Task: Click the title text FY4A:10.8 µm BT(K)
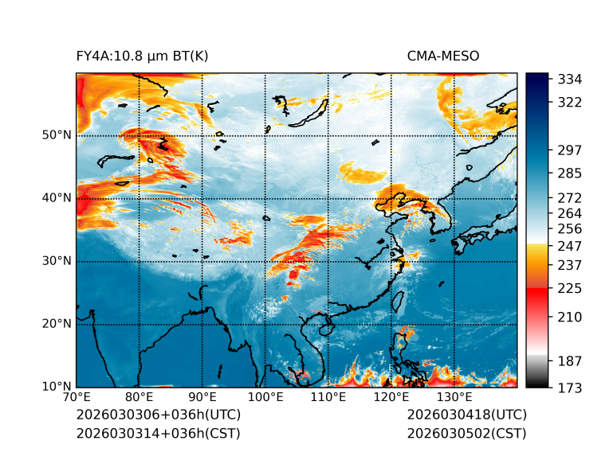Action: [x=143, y=56]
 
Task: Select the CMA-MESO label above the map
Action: [x=443, y=56]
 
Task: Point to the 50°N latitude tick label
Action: [x=57, y=135]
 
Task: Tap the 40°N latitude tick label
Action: [x=57, y=198]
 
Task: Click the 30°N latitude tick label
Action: [x=57, y=261]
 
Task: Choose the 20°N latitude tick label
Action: [x=57, y=324]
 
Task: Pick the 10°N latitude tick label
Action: [x=57, y=387]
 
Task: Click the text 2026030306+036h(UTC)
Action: [x=158, y=415]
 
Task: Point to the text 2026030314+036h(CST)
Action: [x=158, y=433]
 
